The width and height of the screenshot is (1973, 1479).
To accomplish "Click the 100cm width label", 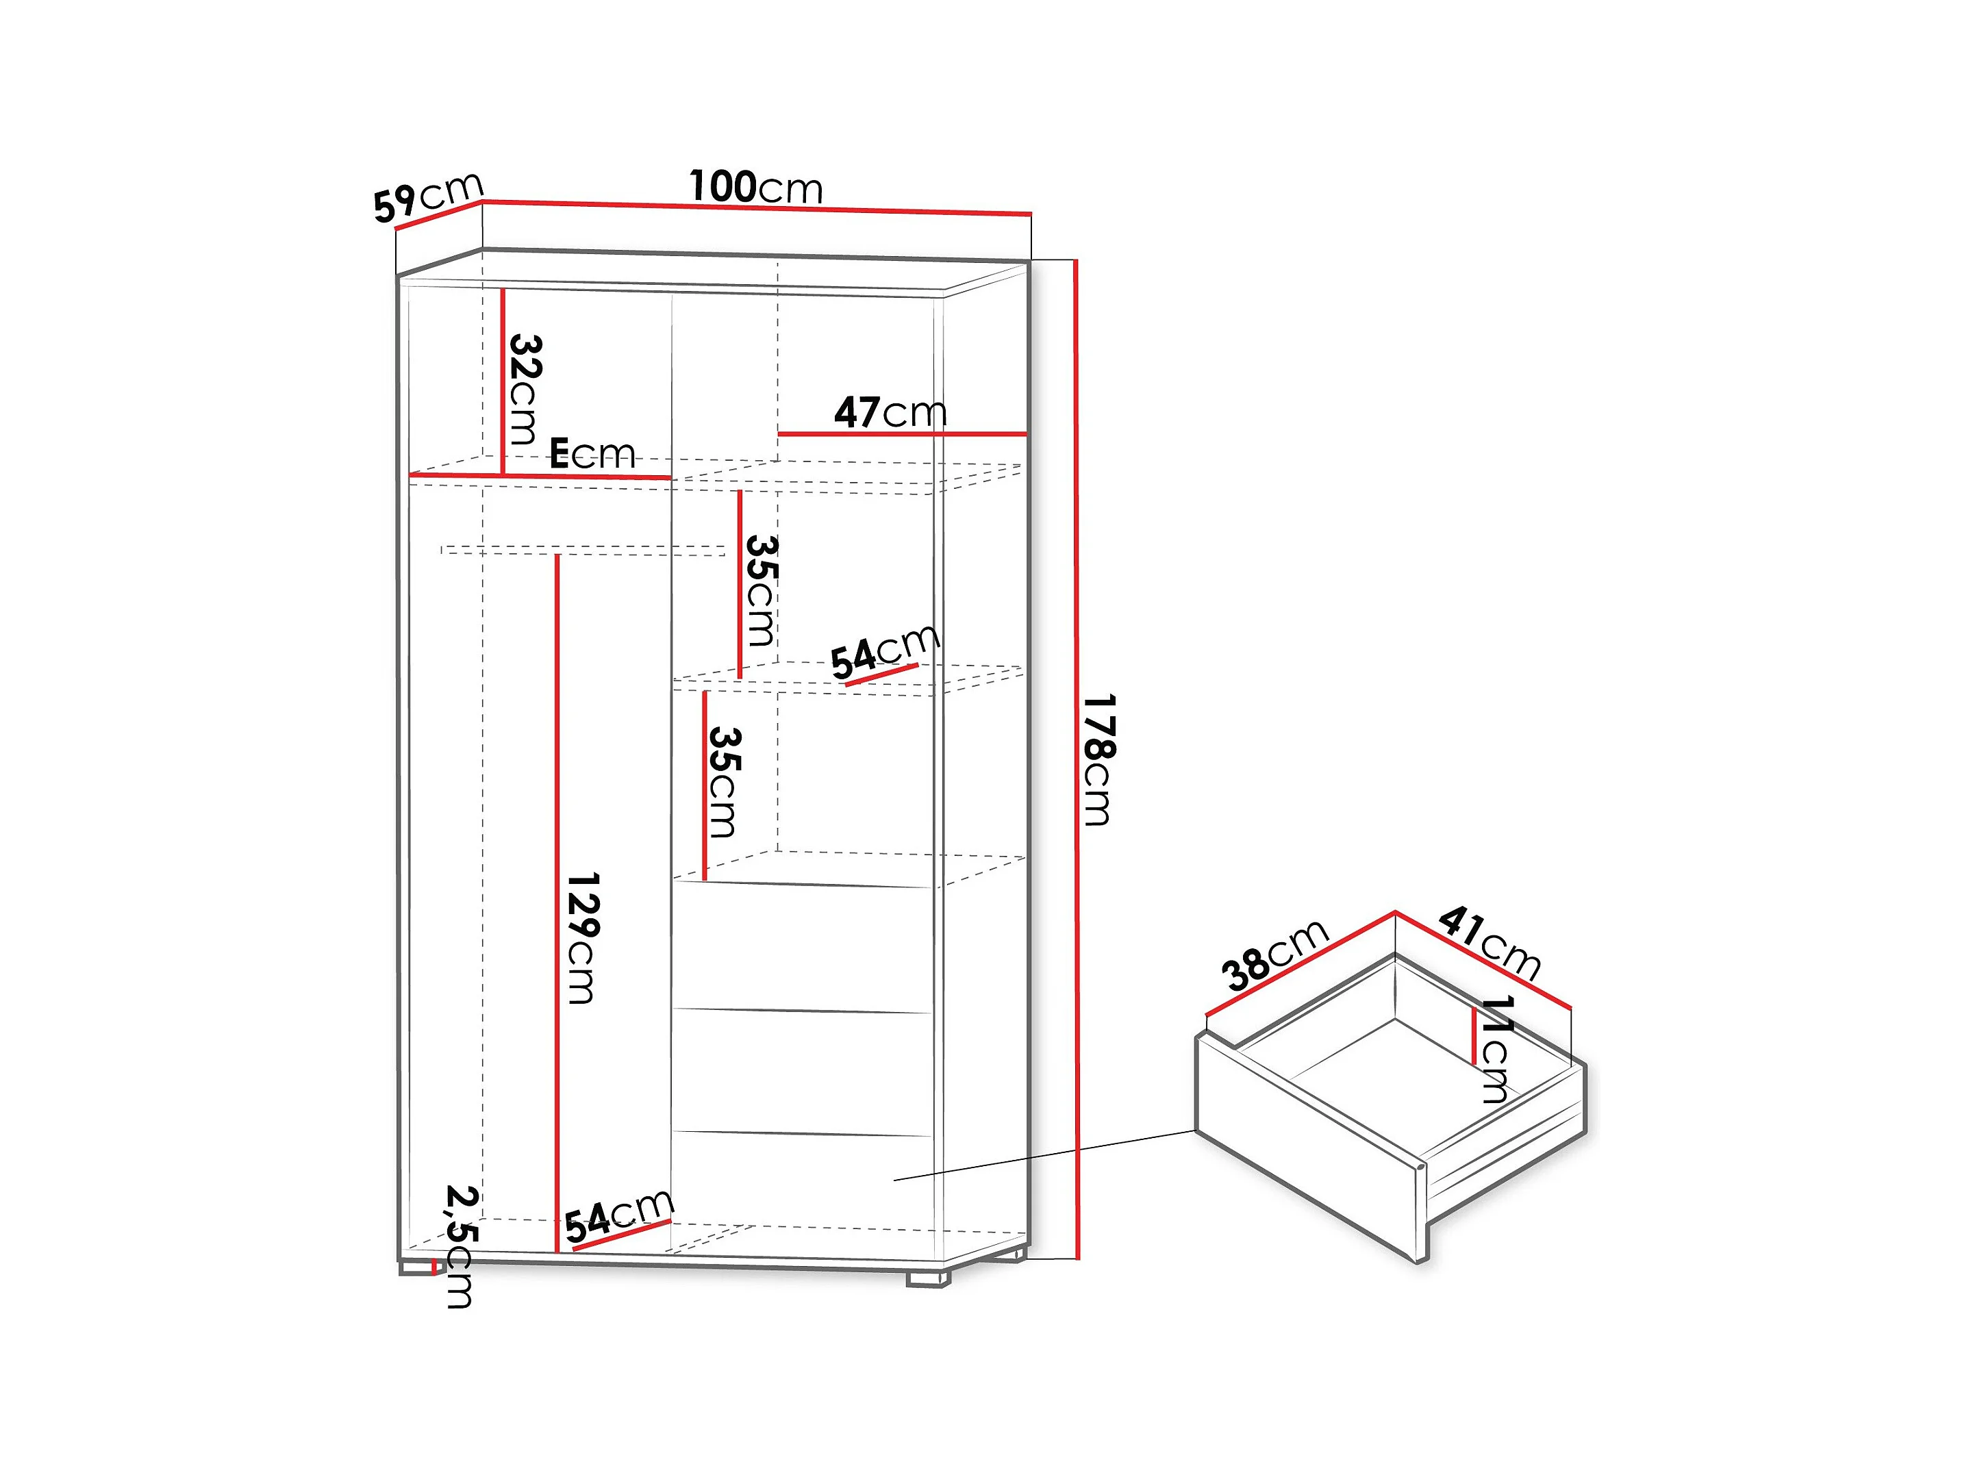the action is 755,188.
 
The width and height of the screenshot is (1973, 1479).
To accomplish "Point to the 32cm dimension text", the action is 524,389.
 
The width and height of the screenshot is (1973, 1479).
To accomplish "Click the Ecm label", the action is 592,454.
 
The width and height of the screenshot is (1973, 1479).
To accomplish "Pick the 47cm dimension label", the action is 890,412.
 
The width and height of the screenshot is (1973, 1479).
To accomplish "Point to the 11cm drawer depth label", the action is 1496,1050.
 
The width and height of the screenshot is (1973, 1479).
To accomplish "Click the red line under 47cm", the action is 901,434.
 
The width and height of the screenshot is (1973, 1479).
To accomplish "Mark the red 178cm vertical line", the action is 1077,758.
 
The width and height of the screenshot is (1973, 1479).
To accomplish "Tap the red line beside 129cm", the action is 557,901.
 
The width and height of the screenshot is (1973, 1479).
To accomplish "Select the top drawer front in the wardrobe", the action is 803,948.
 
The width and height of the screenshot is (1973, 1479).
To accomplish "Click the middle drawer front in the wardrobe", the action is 803,1072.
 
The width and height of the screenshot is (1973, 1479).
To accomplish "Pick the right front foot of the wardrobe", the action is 928,1278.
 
